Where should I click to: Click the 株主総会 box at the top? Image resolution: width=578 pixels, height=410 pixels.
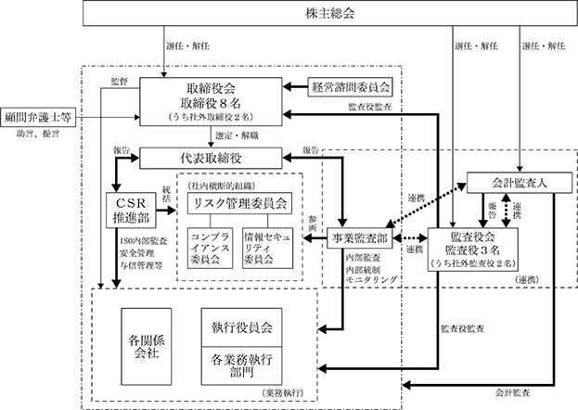point(330,13)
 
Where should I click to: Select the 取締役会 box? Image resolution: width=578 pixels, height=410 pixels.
point(211,102)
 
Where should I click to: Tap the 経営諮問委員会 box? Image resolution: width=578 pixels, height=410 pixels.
point(350,87)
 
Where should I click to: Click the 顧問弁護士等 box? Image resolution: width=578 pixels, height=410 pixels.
point(38,118)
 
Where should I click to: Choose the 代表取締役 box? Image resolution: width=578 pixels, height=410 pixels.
point(211,159)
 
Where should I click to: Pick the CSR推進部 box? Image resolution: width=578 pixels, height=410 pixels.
point(131,211)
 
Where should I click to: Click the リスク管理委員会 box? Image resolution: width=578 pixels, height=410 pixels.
point(239,203)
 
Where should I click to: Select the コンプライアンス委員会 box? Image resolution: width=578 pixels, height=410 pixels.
point(210,249)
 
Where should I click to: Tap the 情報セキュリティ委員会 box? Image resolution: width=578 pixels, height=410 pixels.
point(267,249)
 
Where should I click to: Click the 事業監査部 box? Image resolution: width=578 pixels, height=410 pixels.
point(359,238)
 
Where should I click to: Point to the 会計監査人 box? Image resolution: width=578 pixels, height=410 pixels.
point(520,183)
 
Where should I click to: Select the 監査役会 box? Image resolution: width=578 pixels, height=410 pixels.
point(472,250)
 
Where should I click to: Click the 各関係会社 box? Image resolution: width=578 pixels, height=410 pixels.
point(147,347)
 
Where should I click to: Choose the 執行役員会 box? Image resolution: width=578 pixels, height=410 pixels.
point(241,327)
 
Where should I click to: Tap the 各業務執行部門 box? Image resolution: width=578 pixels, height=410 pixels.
point(241,365)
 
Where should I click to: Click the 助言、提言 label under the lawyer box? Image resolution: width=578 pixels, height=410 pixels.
point(38,135)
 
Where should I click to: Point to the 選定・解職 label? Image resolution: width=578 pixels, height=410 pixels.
point(237,136)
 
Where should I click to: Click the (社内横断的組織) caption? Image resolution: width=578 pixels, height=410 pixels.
point(221,186)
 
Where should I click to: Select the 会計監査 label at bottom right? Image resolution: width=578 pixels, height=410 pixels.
point(512,392)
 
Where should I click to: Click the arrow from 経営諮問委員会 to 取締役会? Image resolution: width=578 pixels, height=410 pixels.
point(295,87)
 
